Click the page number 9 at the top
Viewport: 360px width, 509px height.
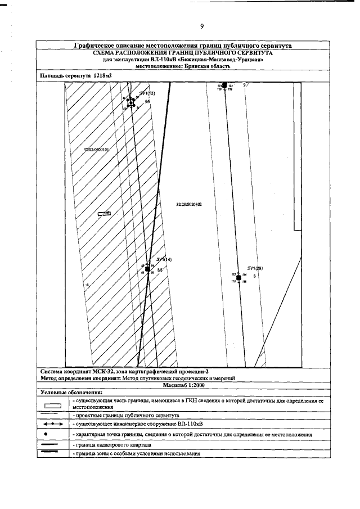pyautogui.click(x=201, y=26)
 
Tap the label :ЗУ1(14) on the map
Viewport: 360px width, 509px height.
pyautogui.click(x=164, y=259)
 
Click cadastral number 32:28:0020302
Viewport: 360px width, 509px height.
pyautogui.click(x=188, y=205)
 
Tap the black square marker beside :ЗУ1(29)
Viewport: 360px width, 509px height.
pyautogui.click(x=238, y=278)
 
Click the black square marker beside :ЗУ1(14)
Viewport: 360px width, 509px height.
pyautogui.click(x=147, y=269)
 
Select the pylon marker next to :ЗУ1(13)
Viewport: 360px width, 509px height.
pyautogui.click(x=130, y=102)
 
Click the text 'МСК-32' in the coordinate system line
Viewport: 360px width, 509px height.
pyautogui.click(x=100, y=372)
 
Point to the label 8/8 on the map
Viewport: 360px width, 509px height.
pyautogui.click(x=160, y=271)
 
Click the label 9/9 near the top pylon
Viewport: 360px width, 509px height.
pyautogui.click(x=147, y=102)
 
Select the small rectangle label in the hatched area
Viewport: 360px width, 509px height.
pyautogui.click(x=104, y=214)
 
